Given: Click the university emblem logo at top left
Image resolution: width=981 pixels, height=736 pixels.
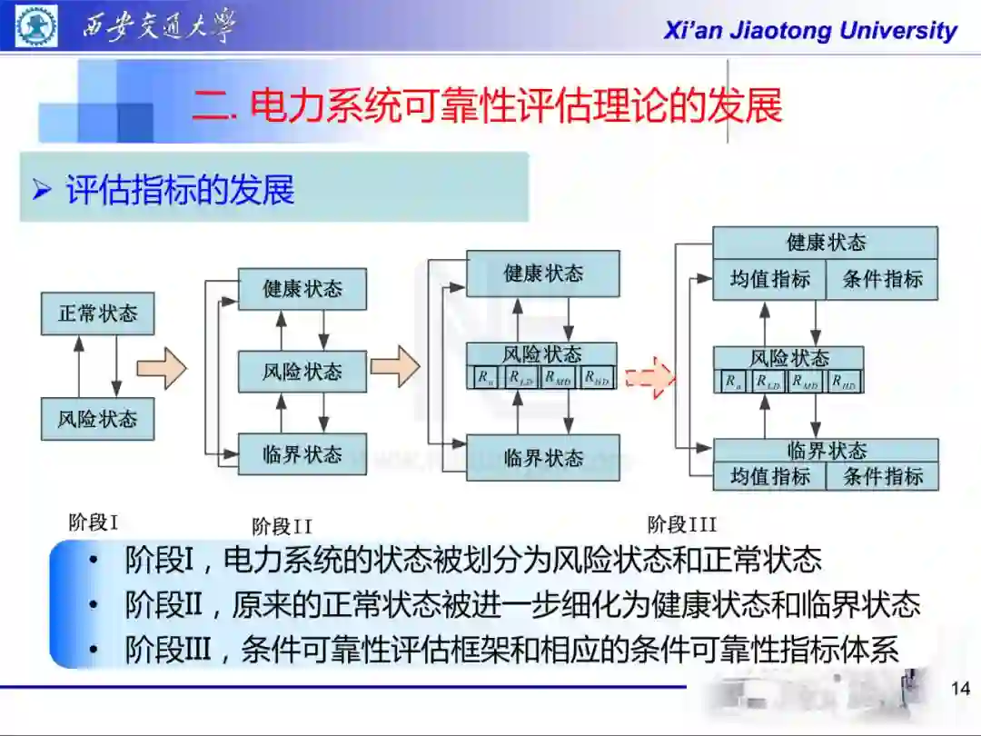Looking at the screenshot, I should click(x=36, y=26).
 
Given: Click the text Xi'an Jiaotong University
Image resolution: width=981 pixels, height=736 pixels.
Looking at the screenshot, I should click(x=809, y=31).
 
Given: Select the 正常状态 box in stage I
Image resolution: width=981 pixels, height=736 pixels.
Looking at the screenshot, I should click(x=97, y=313).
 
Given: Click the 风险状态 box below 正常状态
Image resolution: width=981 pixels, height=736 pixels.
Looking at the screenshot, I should click(x=97, y=419).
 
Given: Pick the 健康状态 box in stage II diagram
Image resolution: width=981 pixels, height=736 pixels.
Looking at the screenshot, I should click(x=302, y=289).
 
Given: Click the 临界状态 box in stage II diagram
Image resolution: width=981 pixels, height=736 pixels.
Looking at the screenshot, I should click(x=302, y=453).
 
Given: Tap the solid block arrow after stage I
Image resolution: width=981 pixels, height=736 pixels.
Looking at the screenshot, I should click(x=162, y=368).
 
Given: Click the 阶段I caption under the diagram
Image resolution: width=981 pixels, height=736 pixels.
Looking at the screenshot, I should click(x=94, y=522).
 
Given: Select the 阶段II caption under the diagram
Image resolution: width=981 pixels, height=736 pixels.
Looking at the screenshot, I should click(x=282, y=527).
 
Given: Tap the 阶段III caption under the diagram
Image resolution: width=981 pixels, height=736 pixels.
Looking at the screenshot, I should click(x=681, y=524).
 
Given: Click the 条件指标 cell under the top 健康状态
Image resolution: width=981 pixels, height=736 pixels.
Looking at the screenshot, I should click(x=882, y=280).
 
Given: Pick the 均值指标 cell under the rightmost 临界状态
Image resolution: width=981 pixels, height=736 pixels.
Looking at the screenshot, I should click(x=769, y=476).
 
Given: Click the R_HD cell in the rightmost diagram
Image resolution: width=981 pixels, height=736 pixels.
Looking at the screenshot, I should click(x=844, y=383).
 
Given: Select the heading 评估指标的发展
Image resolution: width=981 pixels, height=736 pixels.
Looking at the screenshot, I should click(x=180, y=190).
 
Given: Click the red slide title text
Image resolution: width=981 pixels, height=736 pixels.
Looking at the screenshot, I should click(x=487, y=105).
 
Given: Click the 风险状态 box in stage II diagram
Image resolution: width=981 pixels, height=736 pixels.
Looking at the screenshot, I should click(x=302, y=372).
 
